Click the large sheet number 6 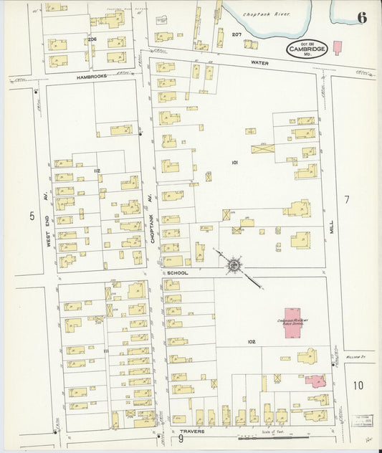[x=362, y=18]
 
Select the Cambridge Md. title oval [x=307, y=49]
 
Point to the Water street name [x=259, y=62]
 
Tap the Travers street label [x=192, y=431]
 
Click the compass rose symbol [x=234, y=266]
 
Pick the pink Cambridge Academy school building [x=295, y=313]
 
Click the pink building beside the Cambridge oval [x=337, y=47]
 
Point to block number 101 [x=234, y=163]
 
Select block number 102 [x=252, y=342]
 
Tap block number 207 [x=237, y=34]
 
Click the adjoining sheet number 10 [x=358, y=386]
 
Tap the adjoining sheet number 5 [x=32, y=215]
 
